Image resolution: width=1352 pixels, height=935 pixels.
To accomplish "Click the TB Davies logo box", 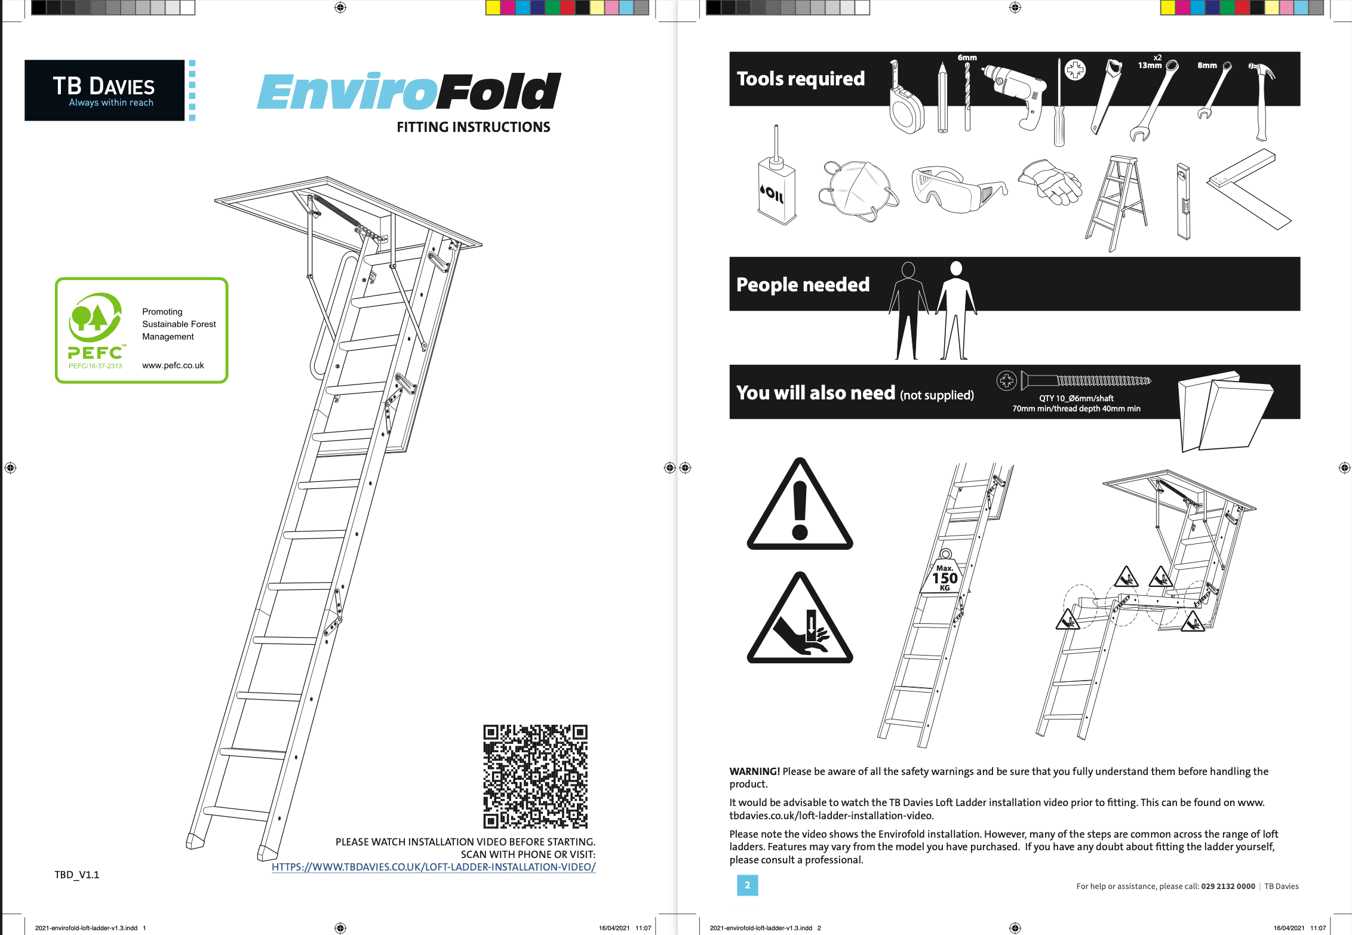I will [x=105, y=90].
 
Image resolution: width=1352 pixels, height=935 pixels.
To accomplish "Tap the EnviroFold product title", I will [x=408, y=92].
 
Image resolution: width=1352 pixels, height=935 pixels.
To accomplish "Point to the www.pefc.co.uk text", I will [x=173, y=365].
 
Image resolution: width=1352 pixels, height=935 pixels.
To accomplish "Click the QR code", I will [x=535, y=776].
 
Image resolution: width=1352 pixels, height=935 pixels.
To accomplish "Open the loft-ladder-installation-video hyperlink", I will [x=434, y=867].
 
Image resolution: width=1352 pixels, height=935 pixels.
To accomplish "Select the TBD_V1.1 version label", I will [x=77, y=875].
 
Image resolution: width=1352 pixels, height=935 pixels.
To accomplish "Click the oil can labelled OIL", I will [x=776, y=185].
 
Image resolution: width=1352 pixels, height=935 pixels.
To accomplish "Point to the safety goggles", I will [x=955, y=188].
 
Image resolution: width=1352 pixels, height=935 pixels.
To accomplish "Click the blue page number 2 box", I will [x=747, y=885].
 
